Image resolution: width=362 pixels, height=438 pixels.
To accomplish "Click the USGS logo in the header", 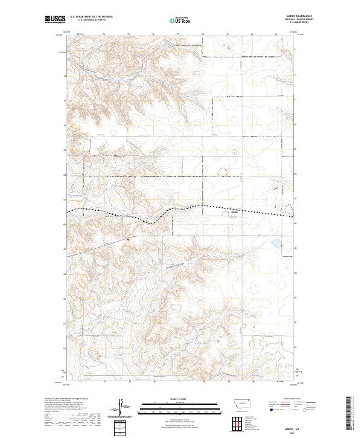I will (x=56, y=20).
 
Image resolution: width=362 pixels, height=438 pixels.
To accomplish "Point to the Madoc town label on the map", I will (x=235, y=211).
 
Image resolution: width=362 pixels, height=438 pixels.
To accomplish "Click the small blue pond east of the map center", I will (x=276, y=245).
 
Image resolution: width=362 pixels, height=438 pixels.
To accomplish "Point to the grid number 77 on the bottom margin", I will (x=179, y=382).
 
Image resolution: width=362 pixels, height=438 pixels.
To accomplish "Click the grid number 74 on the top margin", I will (x=104, y=34).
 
